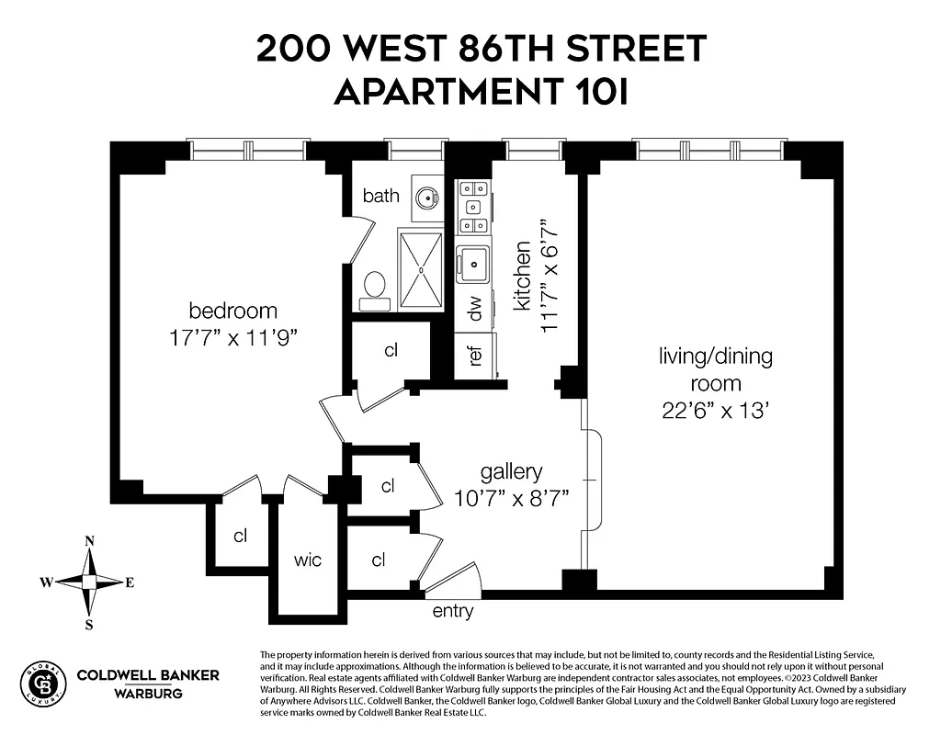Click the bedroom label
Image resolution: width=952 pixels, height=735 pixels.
(232, 311)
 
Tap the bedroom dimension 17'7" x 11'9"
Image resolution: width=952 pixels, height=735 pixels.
(232, 337)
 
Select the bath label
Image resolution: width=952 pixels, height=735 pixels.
(380, 196)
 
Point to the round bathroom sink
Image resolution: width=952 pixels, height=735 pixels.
(425, 197)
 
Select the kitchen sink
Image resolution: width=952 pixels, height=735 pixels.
(474, 263)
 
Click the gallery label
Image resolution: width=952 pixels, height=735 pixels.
(511, 472)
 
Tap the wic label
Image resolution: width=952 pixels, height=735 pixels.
(308, 560)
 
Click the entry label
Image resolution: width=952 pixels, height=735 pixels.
(453, 612)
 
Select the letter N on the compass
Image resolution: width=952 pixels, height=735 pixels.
(90, 542)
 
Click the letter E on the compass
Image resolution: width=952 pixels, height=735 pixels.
(130, 582)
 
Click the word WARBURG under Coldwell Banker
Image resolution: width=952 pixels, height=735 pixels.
(148, 693)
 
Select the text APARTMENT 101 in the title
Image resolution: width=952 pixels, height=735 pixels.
(481, 92)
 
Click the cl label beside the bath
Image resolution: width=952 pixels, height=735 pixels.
(391, 350)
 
